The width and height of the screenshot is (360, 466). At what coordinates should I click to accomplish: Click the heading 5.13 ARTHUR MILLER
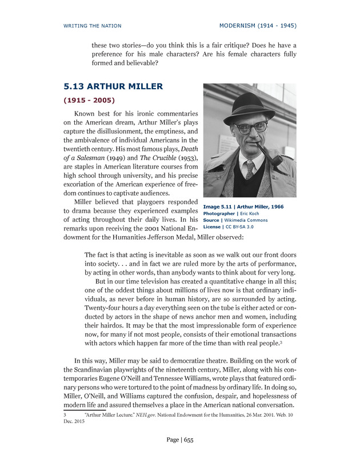point(113,86)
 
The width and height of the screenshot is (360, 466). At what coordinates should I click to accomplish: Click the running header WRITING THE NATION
point(93,26)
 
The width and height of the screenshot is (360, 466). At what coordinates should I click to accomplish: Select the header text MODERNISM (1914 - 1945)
point(258,26)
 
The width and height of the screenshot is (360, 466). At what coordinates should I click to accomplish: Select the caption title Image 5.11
point(219,206)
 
